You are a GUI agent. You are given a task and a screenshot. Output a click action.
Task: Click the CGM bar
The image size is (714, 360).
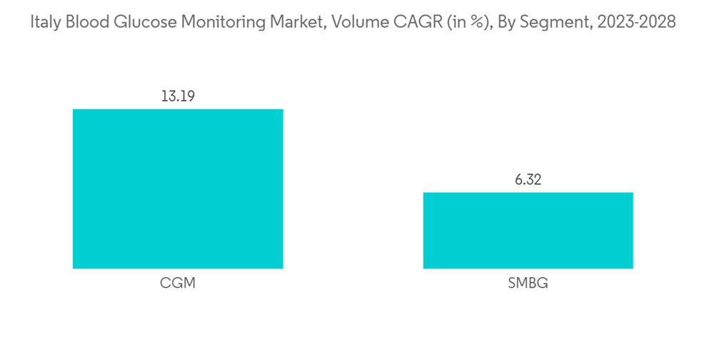(x=178, y=189)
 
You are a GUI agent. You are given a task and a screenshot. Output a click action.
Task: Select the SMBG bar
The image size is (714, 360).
(x=528, y=230)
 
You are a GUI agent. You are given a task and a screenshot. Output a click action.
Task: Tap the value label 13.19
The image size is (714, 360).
(x=177, y=96)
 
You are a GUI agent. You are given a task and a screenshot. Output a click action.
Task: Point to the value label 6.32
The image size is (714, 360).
(x=528, y=180)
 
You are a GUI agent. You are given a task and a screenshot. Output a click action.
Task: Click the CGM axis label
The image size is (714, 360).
(x=178, y=284)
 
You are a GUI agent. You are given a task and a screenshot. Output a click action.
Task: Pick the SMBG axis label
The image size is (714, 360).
(x=528, y=284)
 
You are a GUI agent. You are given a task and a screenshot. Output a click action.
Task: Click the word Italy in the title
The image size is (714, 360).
(x=45, y=22)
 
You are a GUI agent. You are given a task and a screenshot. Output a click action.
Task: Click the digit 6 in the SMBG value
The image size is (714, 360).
(x=518, y=180)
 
